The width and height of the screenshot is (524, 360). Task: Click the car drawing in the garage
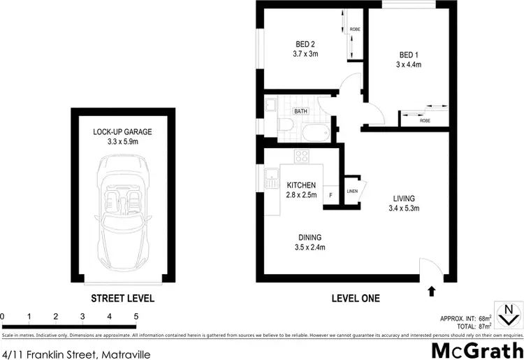click(x=122, y=213)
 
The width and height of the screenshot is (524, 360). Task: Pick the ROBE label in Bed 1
click(x=425, y=120)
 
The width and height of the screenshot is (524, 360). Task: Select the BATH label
click(x=301, y=111)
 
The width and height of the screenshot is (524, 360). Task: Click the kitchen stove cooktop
click(x=302, y=158)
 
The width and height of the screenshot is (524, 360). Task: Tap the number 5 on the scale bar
click(x=136, y=317)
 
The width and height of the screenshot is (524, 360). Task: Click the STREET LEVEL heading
click(x=123, y=298)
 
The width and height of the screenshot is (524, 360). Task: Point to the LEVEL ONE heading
click(x=356, y=298)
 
